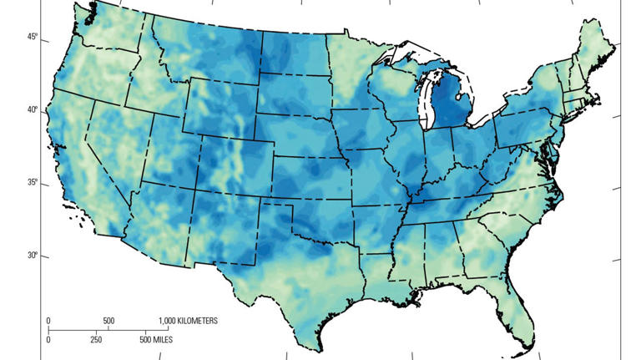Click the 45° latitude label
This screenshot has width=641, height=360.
[x=31, y=37]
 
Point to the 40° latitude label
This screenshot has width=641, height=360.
[x=31, y=110]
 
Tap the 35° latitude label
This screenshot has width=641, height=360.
[x=31, y=183]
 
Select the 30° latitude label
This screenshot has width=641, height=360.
[x=31, y=256]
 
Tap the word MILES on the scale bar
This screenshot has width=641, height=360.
[x=167, y=339]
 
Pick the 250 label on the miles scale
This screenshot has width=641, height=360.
[x=97, y=339]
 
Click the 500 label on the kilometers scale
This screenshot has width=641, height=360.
[x=109, y=321]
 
